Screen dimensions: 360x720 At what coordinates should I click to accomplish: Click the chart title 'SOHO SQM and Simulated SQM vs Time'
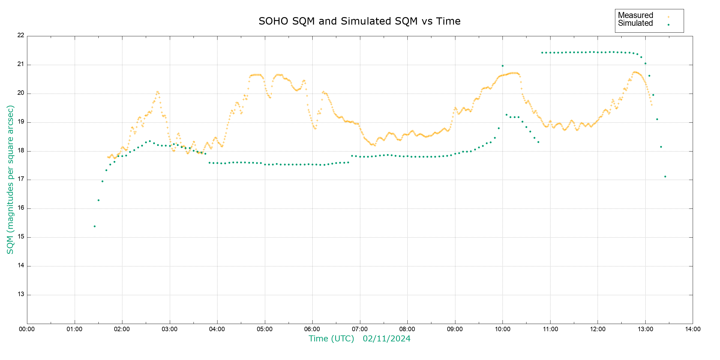[359, 21]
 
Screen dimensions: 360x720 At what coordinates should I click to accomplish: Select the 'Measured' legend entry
[635, 15]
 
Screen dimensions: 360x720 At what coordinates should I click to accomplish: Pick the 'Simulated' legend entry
[635, 23]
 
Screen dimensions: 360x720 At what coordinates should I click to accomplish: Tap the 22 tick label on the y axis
[21, 35]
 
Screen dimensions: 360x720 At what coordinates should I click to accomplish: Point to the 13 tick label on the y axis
[21, 294]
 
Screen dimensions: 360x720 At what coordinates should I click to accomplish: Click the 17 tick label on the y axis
[21, 179]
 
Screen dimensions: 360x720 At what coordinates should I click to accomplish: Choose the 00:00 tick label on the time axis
[27, 329]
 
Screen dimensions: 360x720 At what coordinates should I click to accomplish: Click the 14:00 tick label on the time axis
[693, 329]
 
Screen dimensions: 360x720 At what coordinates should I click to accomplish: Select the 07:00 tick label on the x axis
[360, 329]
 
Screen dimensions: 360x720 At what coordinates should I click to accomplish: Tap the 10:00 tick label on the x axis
[502, 329]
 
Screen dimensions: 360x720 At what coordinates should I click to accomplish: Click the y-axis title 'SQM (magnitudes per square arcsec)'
[10, 179]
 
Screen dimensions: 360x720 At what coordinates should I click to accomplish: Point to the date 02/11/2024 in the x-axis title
[386, 339]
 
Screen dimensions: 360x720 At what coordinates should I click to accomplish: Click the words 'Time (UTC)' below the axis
[331, 339]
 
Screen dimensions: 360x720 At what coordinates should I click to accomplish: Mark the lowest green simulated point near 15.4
[94, 226]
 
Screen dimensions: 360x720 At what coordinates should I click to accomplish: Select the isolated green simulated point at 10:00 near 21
[502, 66]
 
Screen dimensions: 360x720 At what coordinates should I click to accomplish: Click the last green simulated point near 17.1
[665, 177]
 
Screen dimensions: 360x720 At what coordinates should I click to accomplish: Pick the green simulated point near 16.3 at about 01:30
[98, 200]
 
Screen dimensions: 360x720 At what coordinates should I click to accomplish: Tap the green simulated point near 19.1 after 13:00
[657, 119]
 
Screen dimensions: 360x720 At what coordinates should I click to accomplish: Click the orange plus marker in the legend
[668, 17]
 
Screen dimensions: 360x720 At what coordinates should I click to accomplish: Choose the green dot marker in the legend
[668, 25]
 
